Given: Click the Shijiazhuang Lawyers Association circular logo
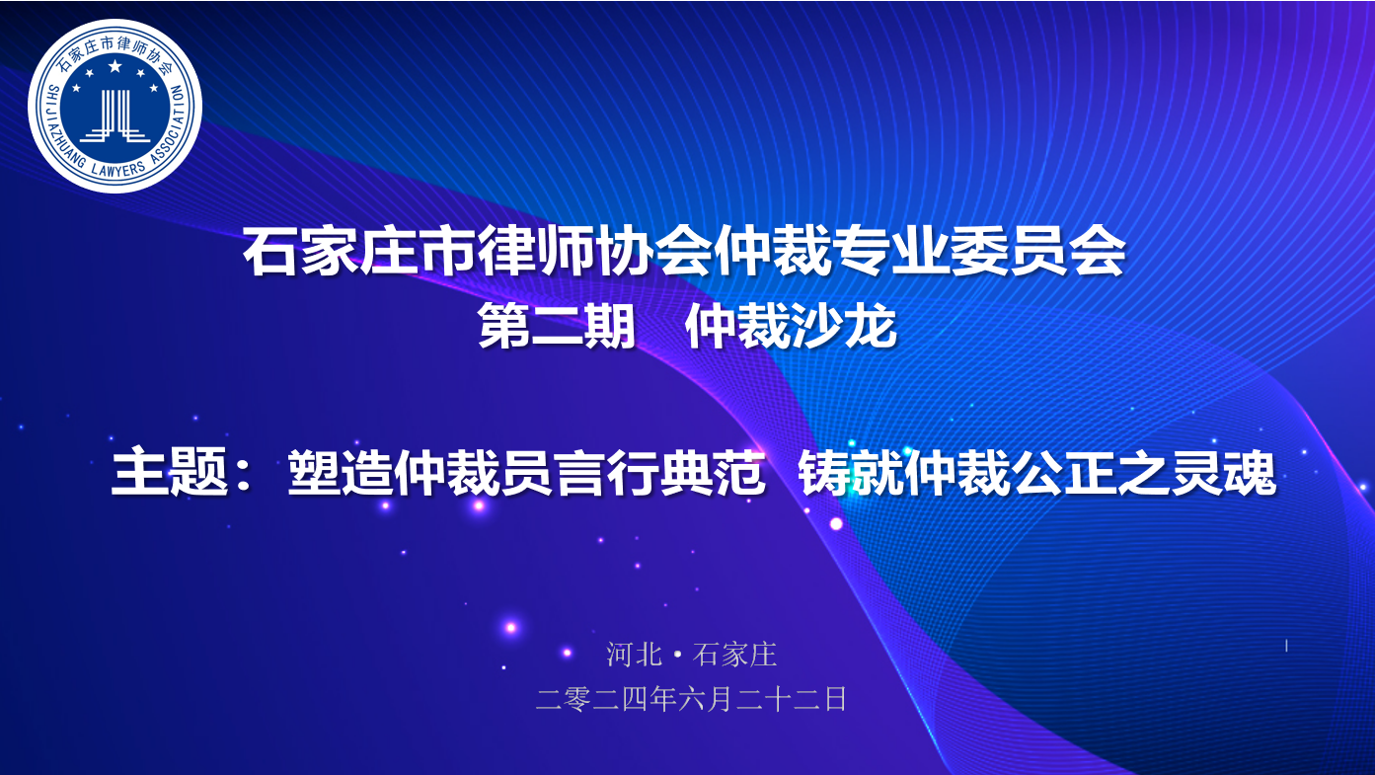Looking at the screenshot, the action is [x=115, y=106].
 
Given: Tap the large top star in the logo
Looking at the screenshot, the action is [x=115, y=66].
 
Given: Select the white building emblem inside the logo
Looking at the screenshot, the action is [x=115, y=116].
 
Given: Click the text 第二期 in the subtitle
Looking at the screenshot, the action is [x=557, y=327].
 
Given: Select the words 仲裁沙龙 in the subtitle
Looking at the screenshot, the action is [x=792, y=327].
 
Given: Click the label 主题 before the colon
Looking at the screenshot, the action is [x=170, y=473].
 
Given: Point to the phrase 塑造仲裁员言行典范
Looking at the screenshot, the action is [x=527, y=473].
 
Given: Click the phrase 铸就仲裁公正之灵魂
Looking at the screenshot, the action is [x=1037, y=473].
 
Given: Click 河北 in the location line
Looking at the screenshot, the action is [x=634, y=655].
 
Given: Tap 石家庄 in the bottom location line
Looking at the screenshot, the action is [x=734, y=655].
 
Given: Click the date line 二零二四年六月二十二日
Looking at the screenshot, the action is [x=691, y=699].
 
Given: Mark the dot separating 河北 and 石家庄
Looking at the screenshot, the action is [x=677, y=656].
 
